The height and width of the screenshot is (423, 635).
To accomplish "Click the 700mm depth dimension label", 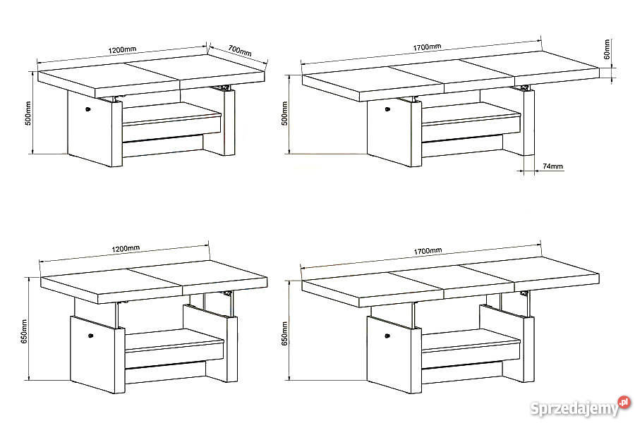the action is point(240,51).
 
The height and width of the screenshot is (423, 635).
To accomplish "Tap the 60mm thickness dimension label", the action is point(607,49).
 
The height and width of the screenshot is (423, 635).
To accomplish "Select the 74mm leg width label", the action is point(552,166).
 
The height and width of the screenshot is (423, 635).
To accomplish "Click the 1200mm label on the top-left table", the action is point(122,50).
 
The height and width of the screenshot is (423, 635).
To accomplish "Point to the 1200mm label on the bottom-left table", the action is point(126,248).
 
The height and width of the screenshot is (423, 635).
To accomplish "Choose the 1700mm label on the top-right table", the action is point(427,47).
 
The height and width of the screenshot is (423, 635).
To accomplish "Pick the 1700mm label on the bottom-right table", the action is point(428,251).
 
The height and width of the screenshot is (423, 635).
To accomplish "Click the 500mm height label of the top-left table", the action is point(28,113).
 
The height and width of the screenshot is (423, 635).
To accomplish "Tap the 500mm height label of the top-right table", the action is point(285,114).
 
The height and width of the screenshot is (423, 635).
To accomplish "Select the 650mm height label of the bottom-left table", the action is point(24,332).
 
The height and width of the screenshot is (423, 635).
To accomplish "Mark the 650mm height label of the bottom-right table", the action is point(285,333).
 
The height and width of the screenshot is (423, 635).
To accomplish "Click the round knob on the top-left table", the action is point(88,109).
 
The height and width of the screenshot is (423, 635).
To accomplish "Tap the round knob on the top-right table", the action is point(387,109).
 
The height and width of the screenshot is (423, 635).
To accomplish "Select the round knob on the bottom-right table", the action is point(387,336).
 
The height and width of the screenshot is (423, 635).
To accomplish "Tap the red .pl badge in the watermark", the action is point(624,403).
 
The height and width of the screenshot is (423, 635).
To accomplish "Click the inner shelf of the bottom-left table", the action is point(175,340).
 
